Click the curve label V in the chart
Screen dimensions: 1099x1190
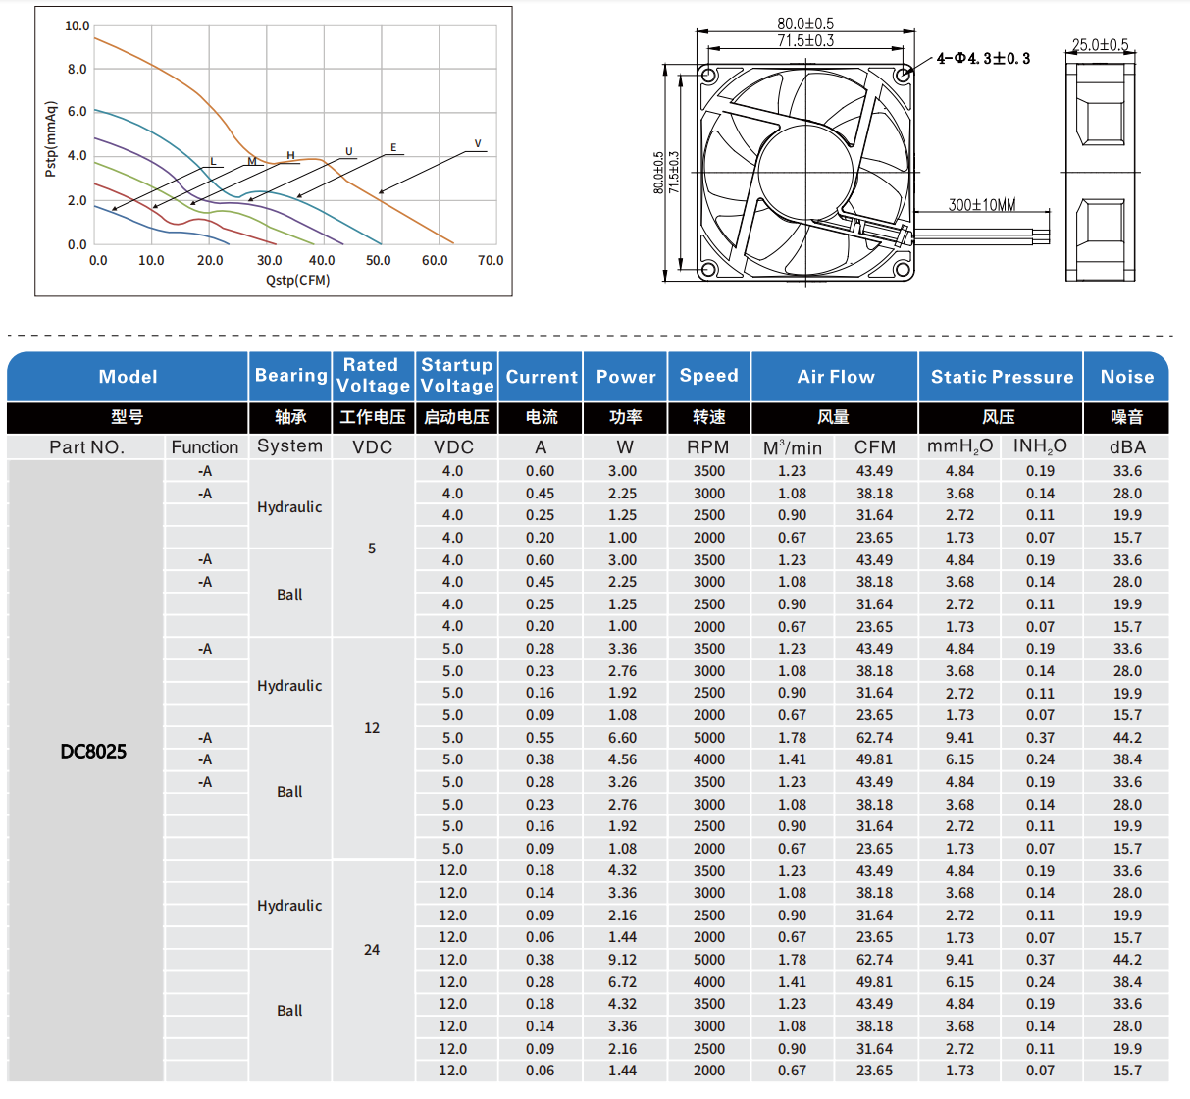point(478,144)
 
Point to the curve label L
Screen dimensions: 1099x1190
point(213,162)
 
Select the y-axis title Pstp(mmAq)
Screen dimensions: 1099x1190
point(50,139)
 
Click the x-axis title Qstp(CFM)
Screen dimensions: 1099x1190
point(297,280)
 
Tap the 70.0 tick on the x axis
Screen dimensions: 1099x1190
point(491,261)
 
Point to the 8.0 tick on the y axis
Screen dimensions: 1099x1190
point(77,70)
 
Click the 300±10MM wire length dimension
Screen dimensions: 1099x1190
point(981,205)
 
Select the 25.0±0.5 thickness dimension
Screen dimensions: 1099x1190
point(1100,45)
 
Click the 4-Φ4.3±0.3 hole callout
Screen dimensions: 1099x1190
point(983,59)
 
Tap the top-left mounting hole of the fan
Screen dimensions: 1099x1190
point(709,76)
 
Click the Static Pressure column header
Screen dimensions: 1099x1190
point(1002,377)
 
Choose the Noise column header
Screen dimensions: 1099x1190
point(1126,377)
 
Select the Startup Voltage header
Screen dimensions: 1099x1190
point(456,376)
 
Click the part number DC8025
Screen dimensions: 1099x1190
point(93,752)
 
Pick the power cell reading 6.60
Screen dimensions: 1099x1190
point(622,738)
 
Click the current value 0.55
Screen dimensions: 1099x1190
point(540,738)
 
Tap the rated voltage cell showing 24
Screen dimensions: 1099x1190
point(372,950)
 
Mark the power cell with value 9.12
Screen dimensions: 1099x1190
point(622,960)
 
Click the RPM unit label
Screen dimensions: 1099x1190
point(707,447)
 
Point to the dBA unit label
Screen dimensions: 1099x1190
point(1127,447)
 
